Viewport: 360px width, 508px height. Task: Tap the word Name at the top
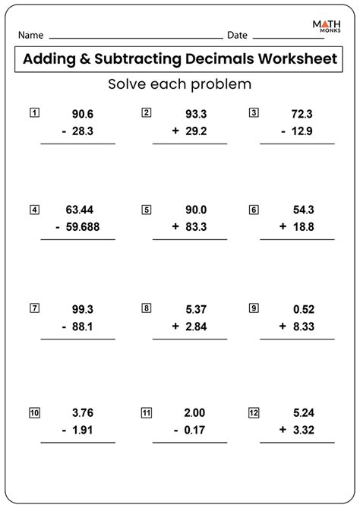tap(30, 36)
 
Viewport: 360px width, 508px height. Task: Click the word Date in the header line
tap(237, 36)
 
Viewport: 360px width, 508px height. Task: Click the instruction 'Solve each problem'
tap(179, 84)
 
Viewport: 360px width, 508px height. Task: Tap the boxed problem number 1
tap(33, 112)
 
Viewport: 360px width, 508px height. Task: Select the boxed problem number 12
tap(253, 413)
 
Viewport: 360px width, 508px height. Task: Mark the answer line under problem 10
tap(78, 442)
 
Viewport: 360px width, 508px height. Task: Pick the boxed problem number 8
tap(145, 308)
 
